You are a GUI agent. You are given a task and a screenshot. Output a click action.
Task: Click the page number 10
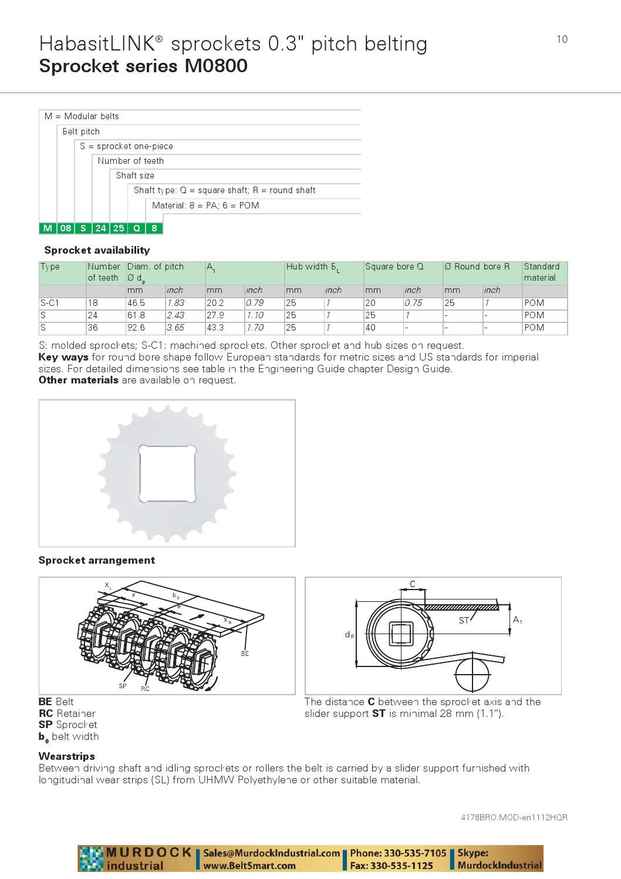[x=562, y=39]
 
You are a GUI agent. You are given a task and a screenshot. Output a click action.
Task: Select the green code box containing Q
[x=137, y=228]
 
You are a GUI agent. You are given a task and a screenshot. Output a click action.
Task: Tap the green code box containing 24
[x=101, y=228]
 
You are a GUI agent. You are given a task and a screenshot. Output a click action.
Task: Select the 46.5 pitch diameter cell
[x=136, y=303]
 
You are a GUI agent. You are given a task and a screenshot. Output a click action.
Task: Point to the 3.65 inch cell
[x=176, y=328]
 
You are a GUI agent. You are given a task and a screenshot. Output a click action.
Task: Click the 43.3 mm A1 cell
[x=215, y=328]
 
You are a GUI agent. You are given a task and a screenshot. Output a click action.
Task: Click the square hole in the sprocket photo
[x=167, y=473]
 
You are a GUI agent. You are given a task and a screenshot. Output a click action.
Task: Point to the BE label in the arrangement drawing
[x=245, y=654]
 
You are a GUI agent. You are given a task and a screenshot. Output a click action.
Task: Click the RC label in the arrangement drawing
[x=145, y=689]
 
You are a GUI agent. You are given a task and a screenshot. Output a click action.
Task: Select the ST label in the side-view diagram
[x=464, y=621]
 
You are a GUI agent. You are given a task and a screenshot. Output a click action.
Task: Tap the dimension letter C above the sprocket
[x=413, y=584]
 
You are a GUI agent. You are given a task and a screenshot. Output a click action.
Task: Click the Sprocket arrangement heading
[x=97, y=560]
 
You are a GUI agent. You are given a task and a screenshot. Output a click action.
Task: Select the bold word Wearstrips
[x=66, y=756]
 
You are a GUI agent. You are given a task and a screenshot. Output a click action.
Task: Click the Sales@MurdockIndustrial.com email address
[x=272, y=853]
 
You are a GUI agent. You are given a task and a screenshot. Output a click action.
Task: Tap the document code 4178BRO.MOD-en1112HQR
[x=514, y=817]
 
